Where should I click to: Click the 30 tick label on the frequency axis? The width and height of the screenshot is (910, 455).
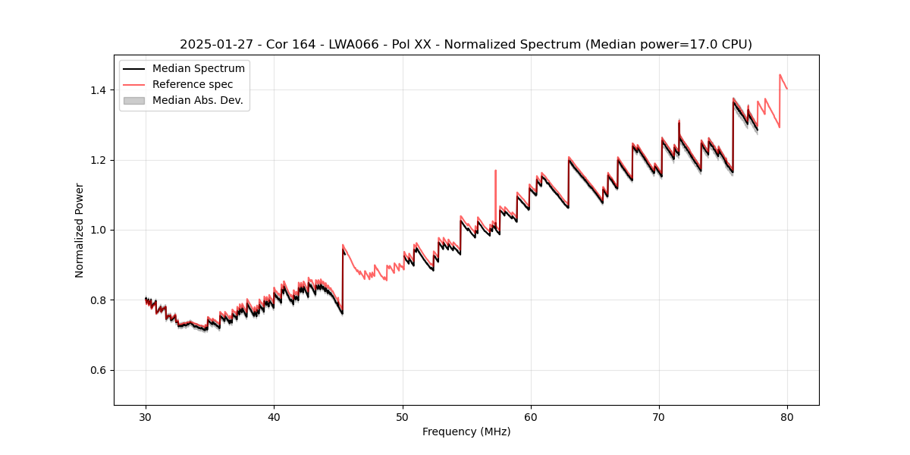pos(146,416)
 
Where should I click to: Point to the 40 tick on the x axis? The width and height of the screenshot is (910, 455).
pos(274,416)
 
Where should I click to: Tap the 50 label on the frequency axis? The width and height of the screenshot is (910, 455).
pos(402,416)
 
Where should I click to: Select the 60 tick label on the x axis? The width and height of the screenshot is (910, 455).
pos(531,416)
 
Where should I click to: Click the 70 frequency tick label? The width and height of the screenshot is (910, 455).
pos(659,416)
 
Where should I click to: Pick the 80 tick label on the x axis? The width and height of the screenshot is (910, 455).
pos(787,416)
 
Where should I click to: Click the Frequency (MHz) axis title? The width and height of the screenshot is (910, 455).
pos(466,431)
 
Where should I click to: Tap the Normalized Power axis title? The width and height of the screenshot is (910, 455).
pos(80,230)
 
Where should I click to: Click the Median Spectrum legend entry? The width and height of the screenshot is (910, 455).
pos(198,69)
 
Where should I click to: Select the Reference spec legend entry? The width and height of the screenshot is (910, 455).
pos(193,84)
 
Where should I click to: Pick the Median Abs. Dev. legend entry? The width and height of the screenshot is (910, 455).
pos(197,100)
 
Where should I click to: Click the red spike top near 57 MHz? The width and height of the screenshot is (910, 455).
pos(496,171)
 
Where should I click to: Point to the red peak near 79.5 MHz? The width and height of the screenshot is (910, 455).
pos(780,74)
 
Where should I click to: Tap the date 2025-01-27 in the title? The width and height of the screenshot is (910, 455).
pos(216,45)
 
